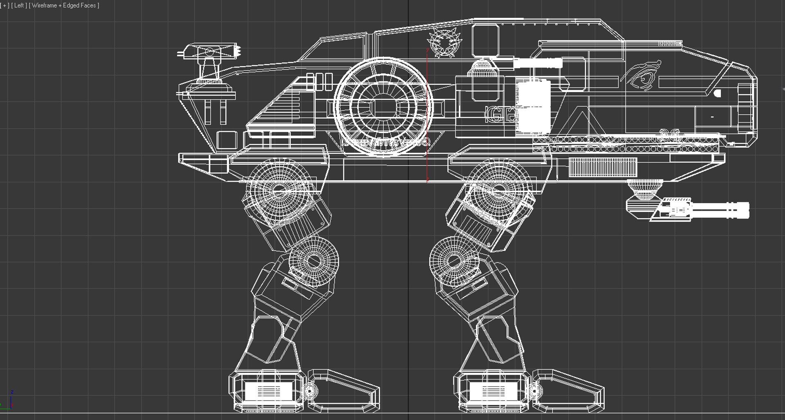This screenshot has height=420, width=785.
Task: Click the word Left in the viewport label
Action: [x=19, y=6]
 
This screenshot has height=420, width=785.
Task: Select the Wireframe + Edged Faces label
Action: [x=64, y=6]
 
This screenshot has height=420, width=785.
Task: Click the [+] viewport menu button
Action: [x=5, y=6]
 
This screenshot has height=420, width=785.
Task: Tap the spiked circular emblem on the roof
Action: [x=443, y=43]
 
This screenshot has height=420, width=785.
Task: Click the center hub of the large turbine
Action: [x=383, y=107]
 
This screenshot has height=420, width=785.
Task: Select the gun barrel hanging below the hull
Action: [x=711, y=210]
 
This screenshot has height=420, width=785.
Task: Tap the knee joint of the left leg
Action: [x=313, y=261]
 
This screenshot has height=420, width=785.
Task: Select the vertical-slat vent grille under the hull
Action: [x=603, y=167]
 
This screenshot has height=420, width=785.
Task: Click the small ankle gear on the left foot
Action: [x=310, y=391]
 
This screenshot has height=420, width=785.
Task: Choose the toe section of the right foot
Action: [x=568, y=391]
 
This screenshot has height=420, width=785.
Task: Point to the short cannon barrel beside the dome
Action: [x=538, y=63]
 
